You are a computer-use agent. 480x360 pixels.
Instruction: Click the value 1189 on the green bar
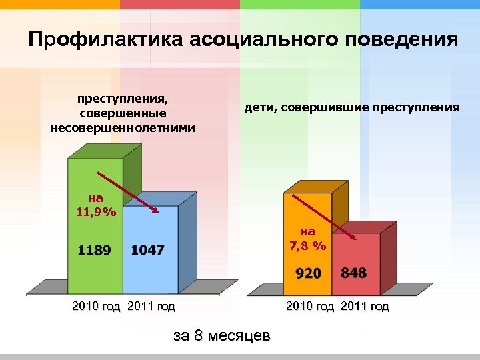(95, 250)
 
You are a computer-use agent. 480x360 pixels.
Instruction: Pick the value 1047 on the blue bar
(148, 250)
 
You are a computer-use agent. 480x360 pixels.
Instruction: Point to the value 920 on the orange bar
(308, 273)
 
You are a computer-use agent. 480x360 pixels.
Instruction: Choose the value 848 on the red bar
(353, 273)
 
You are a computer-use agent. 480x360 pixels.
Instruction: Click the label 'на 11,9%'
(96, 205)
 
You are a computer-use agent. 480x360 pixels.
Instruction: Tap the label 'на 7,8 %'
(308, 239)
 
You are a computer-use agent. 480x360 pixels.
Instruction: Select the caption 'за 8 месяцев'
(222, 335)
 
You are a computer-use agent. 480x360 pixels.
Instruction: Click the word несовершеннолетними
(123, 127)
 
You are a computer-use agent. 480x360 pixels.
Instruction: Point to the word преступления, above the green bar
(123, 99)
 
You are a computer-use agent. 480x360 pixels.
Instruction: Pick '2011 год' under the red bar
(365, 307)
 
